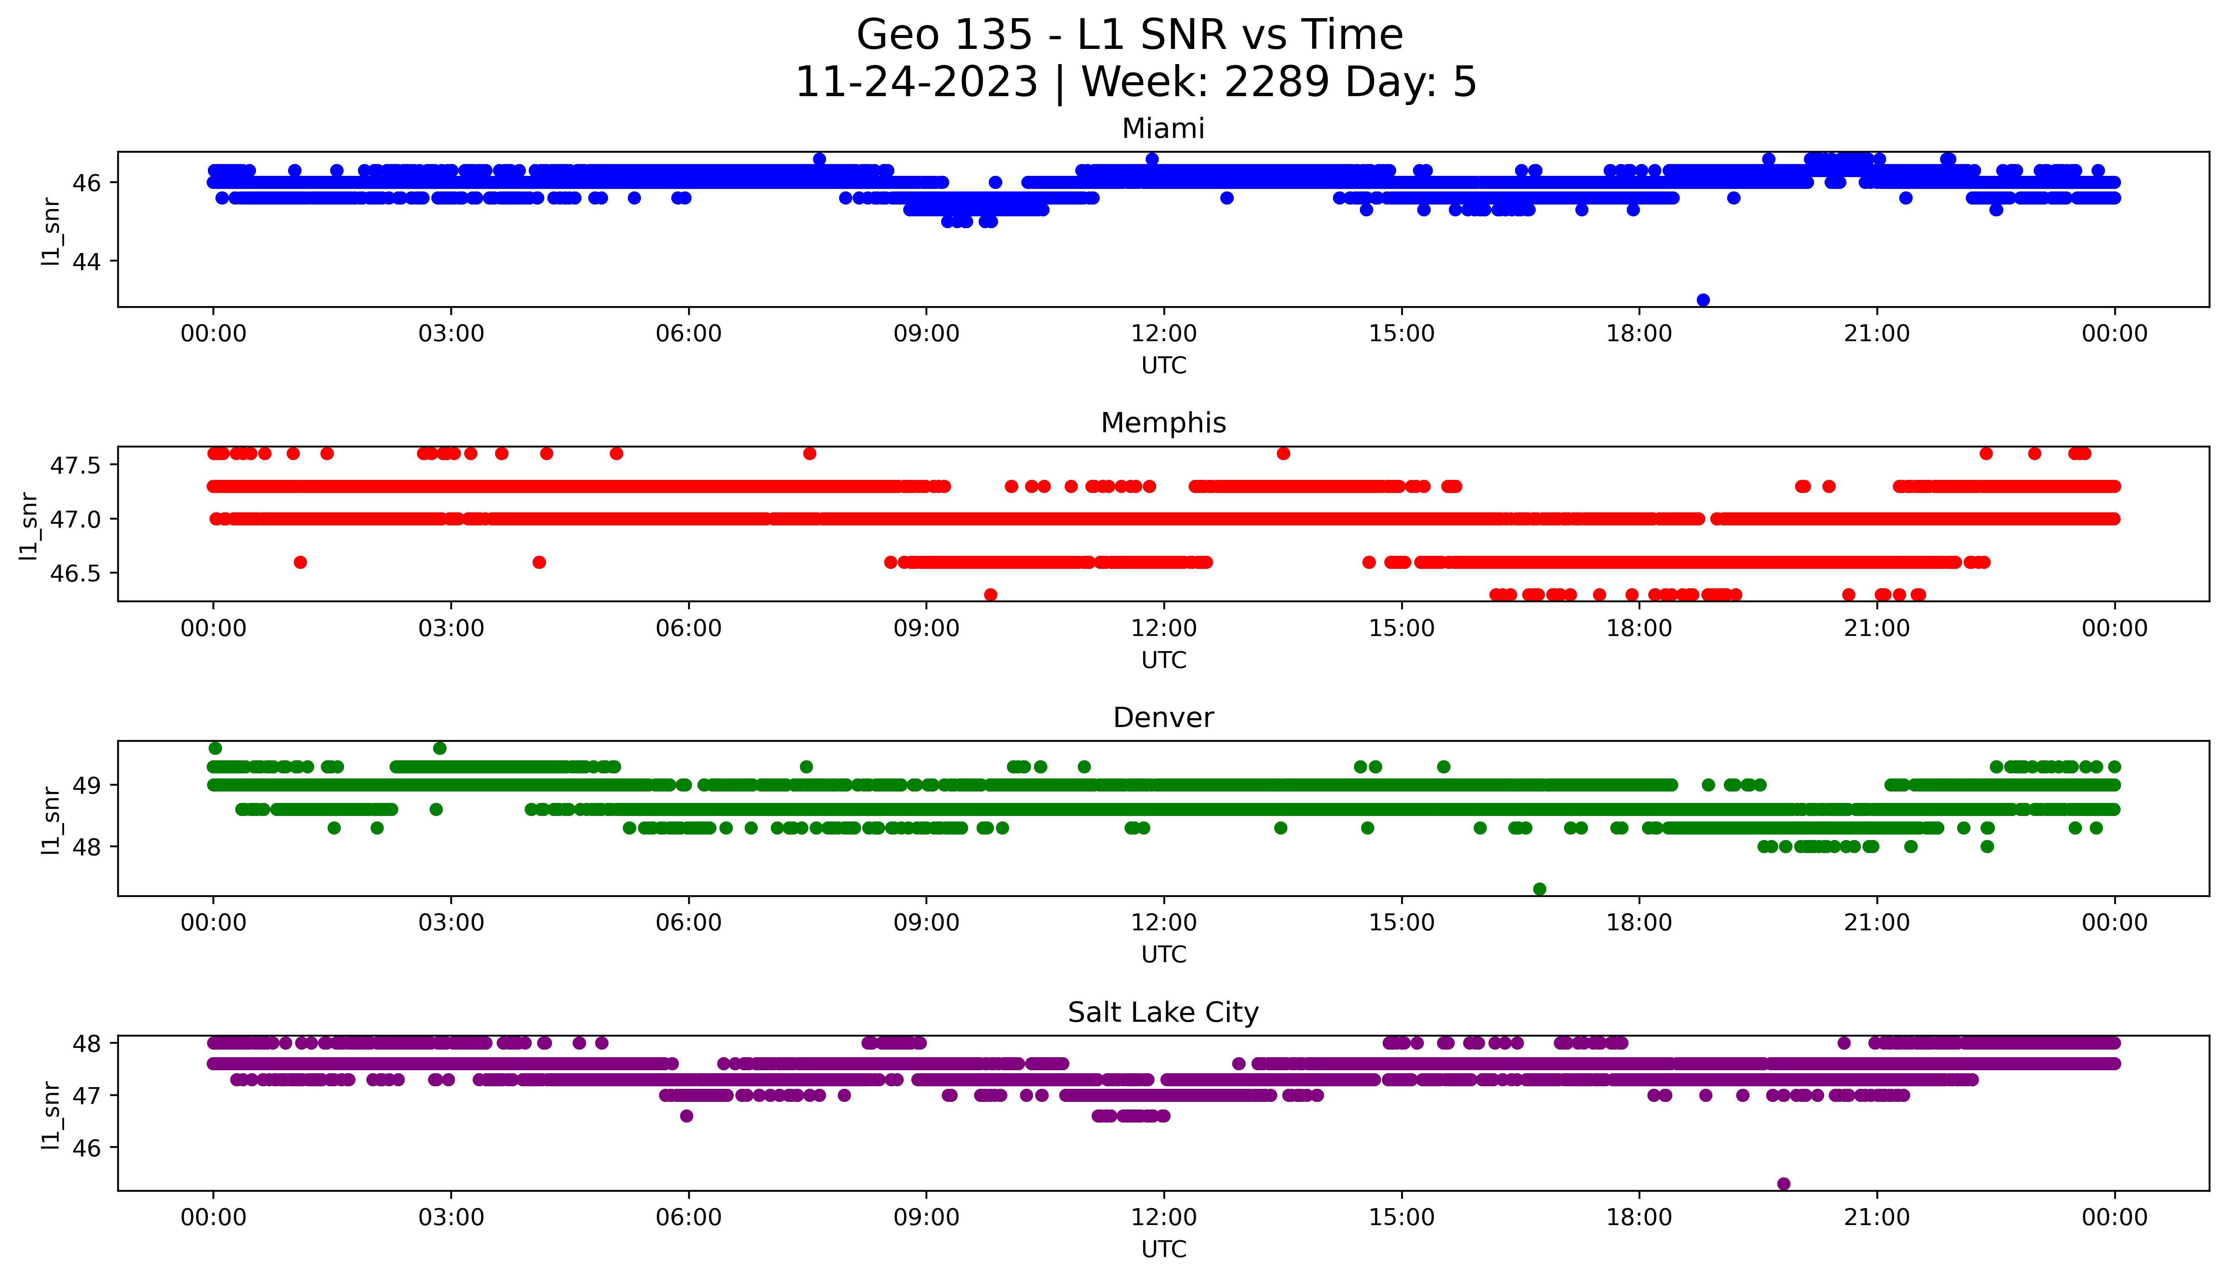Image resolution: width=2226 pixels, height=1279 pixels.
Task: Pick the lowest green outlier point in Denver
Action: pyautogui.click(x=1540, y=889)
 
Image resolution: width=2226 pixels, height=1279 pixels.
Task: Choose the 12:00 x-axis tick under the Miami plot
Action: pyautogui.click(x=1163, y=334)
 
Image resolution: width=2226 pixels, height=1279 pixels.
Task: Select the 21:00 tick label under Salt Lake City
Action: pyautogui.click(x=1876, y=1217)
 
